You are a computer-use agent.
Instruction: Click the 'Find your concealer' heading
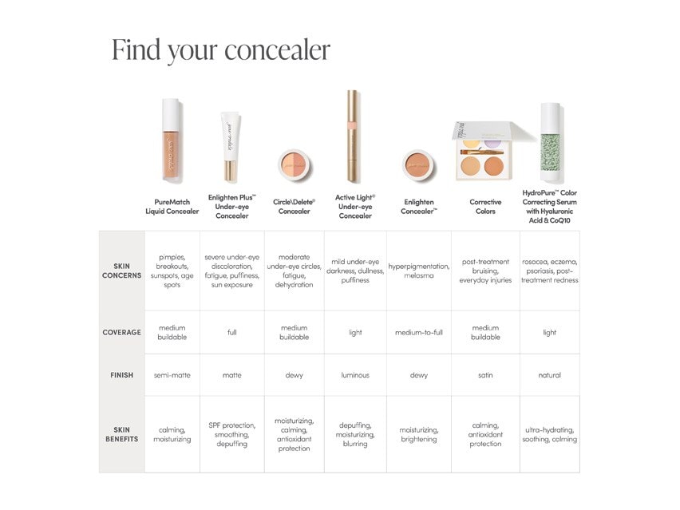(x=221, y=49)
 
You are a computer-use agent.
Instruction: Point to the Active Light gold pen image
(x=353, y=136)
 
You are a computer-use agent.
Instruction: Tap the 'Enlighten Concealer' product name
(x=419, y=207)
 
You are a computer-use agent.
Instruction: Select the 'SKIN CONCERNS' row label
(x=121, y=271)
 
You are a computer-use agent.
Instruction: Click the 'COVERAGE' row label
(x=121, y=333)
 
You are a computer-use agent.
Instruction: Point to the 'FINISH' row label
(x=121, y=375)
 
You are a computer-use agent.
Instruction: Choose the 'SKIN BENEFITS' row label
(x=121, y=434)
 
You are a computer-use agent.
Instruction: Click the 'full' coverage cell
(x=231, y=333)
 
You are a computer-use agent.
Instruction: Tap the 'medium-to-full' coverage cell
(x=419, y=333)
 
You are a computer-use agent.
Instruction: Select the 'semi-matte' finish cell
(x=172, y=375)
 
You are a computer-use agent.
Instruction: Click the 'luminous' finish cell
(x=355, y=375)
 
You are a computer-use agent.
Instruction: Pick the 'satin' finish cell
(x=485, y=375)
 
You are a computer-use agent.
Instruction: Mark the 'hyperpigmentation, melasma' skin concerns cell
(x=419, y=271)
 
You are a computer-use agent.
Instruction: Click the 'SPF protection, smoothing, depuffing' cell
(x=231, y=434)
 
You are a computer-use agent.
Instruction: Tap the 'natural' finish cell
(x=549, y=375)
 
